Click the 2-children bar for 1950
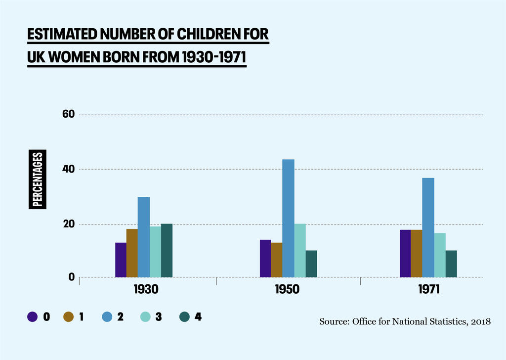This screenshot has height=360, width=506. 288,218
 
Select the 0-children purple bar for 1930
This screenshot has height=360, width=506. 121,260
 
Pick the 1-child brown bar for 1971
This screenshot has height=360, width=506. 416,253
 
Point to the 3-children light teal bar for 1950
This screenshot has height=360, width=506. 300,250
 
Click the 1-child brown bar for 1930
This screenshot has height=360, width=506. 132,253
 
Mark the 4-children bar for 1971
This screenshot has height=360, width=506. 451,264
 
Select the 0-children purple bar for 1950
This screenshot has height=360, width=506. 265,258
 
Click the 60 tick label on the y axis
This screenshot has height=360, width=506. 68,115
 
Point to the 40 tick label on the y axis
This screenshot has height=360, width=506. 68,169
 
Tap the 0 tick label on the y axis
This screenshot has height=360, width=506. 71,277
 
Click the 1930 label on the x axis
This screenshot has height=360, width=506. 146,290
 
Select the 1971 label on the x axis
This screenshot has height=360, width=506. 427,290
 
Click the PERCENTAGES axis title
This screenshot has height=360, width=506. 37,179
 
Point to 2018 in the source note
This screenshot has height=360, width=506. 481,322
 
